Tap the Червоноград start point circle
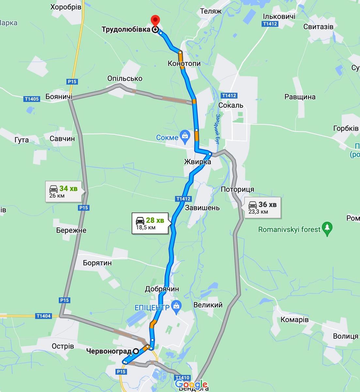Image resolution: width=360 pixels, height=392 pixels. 135,351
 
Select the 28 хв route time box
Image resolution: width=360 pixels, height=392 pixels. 150,223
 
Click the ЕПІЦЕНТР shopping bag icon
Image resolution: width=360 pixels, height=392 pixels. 176,306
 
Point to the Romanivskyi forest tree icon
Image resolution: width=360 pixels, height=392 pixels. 327,229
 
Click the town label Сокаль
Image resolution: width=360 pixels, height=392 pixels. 231,106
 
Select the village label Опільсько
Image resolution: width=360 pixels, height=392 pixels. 125,78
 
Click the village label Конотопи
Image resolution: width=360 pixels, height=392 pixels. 184,63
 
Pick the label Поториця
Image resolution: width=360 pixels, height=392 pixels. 237,189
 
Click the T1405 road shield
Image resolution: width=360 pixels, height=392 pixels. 32,99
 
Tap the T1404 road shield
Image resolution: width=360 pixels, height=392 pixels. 43,316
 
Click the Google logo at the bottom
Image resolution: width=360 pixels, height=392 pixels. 191,384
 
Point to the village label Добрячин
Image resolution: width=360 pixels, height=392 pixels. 162,289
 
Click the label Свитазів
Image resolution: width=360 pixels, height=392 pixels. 318,26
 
